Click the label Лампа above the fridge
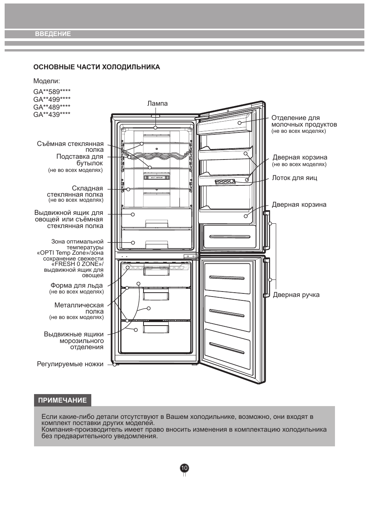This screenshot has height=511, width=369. point(157,103)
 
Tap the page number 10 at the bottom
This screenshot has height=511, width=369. point(184,468)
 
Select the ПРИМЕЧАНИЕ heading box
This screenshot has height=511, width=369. point(62,400)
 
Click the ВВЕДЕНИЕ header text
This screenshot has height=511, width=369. point(53,34)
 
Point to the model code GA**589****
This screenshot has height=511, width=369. point(52,92)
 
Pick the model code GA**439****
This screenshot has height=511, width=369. point(52,114)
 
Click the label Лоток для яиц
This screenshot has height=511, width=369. point(294,178)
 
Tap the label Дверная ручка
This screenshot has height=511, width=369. point(296,295)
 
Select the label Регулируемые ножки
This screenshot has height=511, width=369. point(70,364)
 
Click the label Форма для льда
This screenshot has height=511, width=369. point(77,286)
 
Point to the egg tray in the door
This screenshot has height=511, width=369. point(225,182)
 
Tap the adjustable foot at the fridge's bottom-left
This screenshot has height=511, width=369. point(116,364)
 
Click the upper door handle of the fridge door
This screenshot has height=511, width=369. point(266,230)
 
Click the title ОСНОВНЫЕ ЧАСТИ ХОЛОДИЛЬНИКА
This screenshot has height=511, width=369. point(97,67)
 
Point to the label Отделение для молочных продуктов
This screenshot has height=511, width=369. point(304,121)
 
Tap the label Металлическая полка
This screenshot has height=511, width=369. point(79,308)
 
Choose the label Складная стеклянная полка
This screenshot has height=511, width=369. point(75,191)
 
